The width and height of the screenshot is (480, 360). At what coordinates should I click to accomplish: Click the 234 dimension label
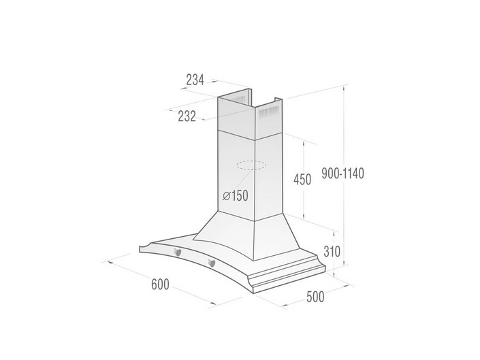(195, 80)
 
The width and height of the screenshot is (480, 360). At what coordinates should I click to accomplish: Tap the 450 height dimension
(301, 180)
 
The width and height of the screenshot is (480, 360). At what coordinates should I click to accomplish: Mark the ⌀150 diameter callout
(235, 196)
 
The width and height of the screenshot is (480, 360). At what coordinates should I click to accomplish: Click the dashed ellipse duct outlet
(251, 165)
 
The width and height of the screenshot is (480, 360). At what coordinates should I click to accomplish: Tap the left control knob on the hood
(178, 253)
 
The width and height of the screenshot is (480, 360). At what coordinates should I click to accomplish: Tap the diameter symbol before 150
(225, 196)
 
